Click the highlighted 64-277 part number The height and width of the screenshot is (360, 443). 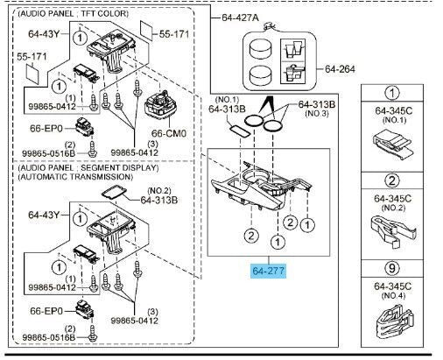(x=268, y=271)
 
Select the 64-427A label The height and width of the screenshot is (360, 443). (x=240, y=18)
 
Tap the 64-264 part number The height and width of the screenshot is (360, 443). (x=340, y=69)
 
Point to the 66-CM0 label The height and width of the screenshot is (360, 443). (x=169, y=133)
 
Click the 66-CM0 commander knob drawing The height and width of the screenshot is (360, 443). (x=158, y=104)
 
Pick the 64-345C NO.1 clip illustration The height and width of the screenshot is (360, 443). (x=392, y=144)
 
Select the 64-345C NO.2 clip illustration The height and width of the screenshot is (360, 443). (x=393, y=231)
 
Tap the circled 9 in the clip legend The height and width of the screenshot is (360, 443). (x=392, y=268)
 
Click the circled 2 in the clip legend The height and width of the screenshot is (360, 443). (x=392, y=180)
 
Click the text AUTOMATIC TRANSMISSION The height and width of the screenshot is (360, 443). (x=75, y=177)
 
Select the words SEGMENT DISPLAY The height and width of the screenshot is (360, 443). (x=119, y=168)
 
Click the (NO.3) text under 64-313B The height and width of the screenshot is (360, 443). (x=317, y=113)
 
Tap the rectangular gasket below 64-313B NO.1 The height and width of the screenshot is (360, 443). (x=239, y=130)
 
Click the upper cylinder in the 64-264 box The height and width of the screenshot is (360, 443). (x=261, y=49)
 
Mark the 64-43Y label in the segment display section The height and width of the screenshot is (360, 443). (x=44, y=215)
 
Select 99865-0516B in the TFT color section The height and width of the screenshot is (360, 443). (x=49, y=153)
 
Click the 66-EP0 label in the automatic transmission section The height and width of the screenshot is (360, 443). (x=46, y=311)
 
